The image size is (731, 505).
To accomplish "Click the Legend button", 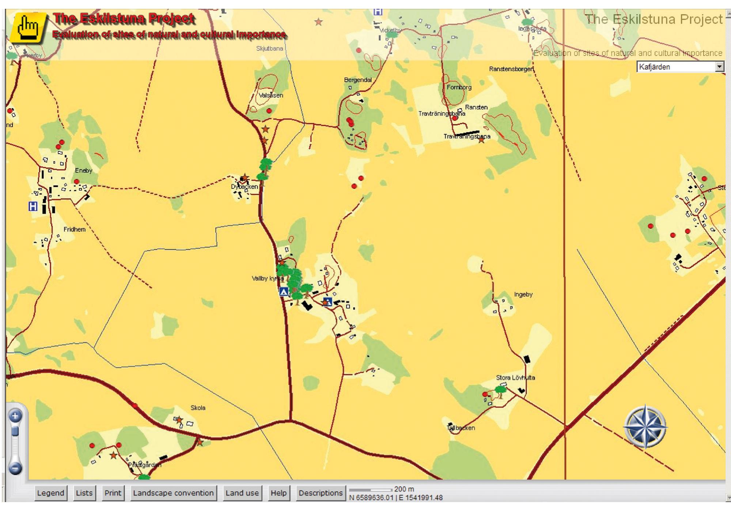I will point(50,493).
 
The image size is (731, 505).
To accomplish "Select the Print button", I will point(113,493).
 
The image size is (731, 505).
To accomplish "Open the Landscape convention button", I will point(173,493).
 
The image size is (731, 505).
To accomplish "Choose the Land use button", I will point(242,493).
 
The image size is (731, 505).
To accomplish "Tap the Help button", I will point(279,493).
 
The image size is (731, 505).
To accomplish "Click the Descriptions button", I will point(321,493).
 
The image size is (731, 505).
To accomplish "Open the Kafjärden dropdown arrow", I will point(719,67).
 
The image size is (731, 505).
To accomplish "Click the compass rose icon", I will point(645,426).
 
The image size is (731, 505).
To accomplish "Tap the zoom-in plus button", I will point(15,416).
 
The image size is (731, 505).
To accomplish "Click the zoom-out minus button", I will point(15,468).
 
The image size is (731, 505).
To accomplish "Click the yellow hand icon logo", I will point(29,28).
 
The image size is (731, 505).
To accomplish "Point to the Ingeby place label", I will point(523,295).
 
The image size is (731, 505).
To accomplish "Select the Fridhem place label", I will point(75,229).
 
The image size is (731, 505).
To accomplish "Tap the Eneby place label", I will point(83,171).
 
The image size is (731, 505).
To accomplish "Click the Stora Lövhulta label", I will point(515,378).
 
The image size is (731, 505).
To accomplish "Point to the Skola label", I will point(198,408).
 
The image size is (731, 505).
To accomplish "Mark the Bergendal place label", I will point(357,80).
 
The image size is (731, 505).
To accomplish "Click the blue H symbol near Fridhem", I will point(33,206).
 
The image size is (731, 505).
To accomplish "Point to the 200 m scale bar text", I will point(404,489).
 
